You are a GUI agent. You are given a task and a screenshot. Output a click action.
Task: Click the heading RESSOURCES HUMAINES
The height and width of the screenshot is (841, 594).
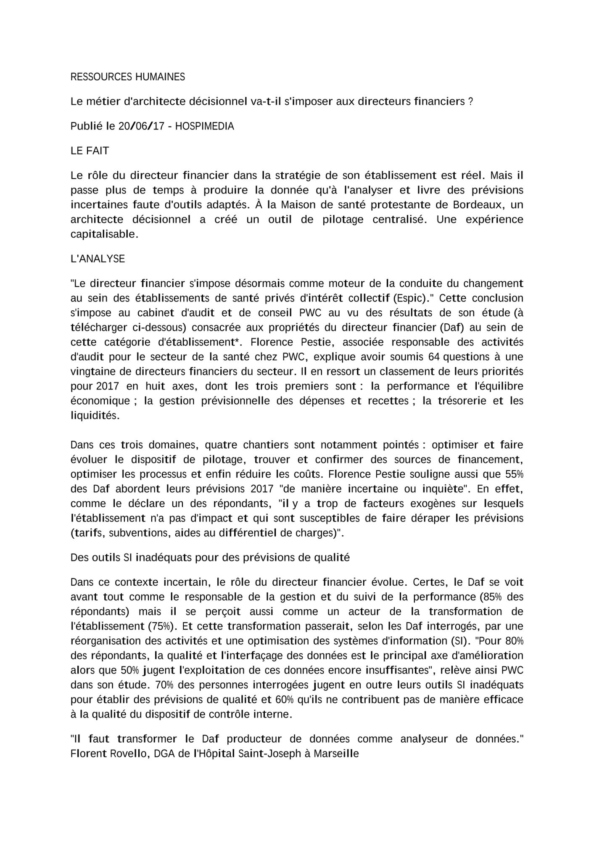(127, 77)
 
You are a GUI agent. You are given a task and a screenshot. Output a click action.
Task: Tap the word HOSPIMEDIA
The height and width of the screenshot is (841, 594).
(204, 126)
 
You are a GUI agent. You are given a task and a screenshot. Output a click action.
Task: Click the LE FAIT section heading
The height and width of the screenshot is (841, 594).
(90, 151)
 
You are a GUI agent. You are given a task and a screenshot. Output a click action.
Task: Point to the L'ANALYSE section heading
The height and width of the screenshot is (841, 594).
(98, 259)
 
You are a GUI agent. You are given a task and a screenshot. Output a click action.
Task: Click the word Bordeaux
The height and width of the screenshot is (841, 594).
(478, 205)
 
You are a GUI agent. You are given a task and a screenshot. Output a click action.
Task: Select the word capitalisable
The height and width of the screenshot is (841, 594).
(103, 234)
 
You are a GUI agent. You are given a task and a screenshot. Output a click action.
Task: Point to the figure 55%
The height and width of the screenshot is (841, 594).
(514, 474)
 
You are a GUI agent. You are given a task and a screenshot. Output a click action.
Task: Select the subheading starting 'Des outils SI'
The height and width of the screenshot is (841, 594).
(210, 558)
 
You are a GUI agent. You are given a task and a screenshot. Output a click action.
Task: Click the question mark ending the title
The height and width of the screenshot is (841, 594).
(470, 102)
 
